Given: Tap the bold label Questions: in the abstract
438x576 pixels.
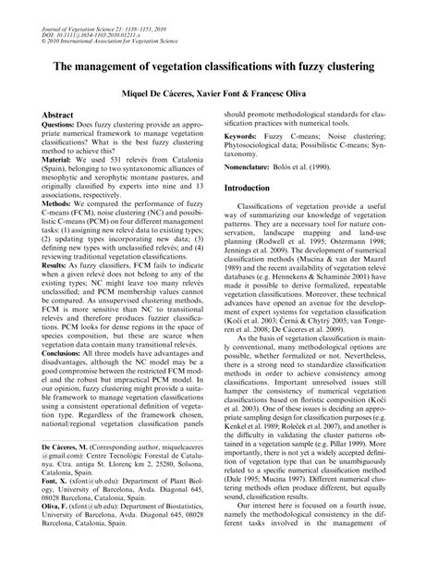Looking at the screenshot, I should point(66,126).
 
